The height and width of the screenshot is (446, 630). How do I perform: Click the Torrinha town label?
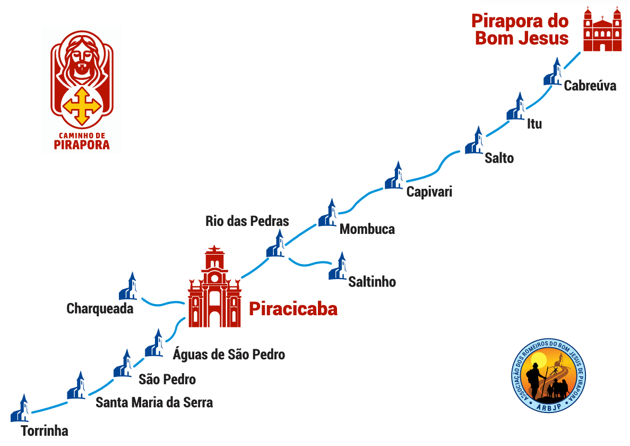(x=45, y=431)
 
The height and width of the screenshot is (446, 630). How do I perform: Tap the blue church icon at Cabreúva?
(x=554, y=72)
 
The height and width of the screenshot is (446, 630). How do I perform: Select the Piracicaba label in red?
(x=293, y=309)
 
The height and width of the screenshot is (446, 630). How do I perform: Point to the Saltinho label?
(x=372, y=281)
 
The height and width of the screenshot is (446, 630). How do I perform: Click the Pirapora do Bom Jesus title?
(x=520, y=30)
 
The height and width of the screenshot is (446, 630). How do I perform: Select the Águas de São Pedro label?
(x=229, y=354)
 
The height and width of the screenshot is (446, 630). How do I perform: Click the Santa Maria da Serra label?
(x=154, y=402)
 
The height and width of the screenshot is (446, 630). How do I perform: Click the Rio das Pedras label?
(x=247, y=221)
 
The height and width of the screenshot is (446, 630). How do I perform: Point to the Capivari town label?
(x=429, y=191)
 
